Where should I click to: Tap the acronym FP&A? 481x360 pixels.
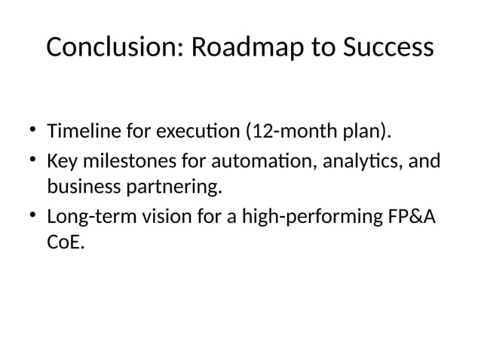click(x=415, y=217)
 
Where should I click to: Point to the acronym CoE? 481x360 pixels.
click(x=65, y=243)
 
